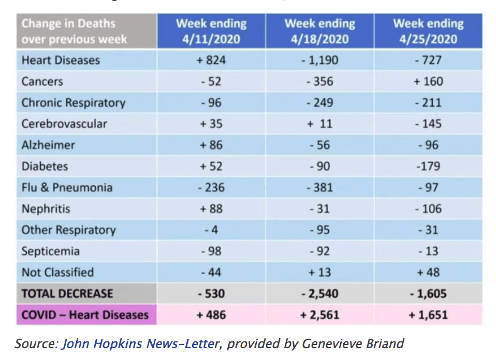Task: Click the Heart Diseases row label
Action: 61,60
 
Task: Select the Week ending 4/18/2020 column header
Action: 319,31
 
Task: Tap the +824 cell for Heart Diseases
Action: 211,60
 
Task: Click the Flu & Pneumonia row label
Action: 67,187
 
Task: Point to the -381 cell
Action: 319,187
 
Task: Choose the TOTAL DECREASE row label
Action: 67,294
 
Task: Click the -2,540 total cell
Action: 319,294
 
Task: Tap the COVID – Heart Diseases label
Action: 85,314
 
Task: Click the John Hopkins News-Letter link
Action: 140,343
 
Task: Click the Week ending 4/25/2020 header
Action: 428,31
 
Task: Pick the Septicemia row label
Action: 51,251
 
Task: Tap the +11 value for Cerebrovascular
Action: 319,124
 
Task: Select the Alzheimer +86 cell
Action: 211,145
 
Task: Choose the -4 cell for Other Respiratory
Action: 211,230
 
